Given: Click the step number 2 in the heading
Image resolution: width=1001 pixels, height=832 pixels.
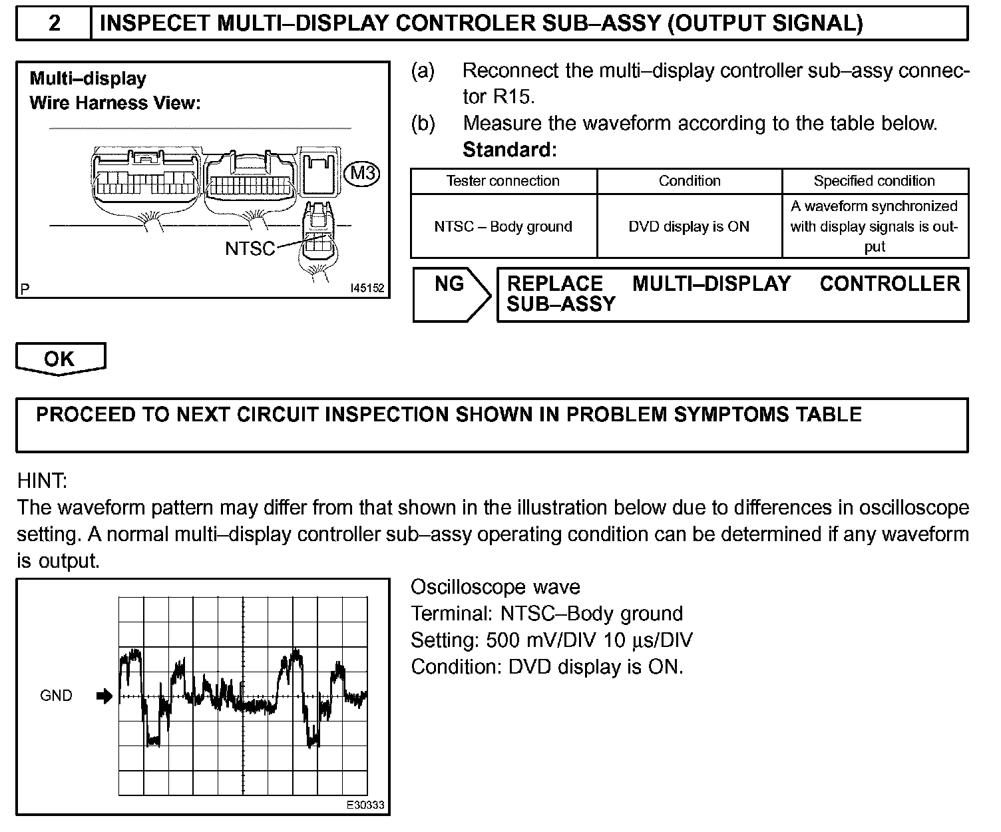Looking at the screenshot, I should click(55, 23).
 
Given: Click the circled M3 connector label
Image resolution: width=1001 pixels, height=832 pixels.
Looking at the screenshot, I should click(363, 174).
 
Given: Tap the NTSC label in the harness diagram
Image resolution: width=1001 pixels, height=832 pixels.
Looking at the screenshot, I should click(250, 249).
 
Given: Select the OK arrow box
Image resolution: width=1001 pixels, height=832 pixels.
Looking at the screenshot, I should click(60, 359).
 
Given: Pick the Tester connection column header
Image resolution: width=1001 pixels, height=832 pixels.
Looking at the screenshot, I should click(503, 181).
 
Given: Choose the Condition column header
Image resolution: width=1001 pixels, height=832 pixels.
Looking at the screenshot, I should click(690, 181).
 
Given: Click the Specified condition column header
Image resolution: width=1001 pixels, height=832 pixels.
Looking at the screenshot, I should click(875, 181).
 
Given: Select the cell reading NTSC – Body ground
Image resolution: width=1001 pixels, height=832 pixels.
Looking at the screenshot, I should click(503, 227).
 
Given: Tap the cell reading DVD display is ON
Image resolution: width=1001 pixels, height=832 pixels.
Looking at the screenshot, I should click(689, 227).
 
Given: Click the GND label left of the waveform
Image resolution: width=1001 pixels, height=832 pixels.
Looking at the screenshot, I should click(57, 696).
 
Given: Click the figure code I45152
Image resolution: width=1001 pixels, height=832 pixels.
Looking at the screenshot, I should click(367, 289).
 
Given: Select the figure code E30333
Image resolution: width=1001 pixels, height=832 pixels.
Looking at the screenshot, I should click(365, 805).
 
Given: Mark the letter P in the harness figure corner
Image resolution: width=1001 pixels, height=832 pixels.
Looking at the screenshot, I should click(25, 290).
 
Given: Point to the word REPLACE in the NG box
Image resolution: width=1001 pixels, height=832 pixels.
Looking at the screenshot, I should click(554, 284).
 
